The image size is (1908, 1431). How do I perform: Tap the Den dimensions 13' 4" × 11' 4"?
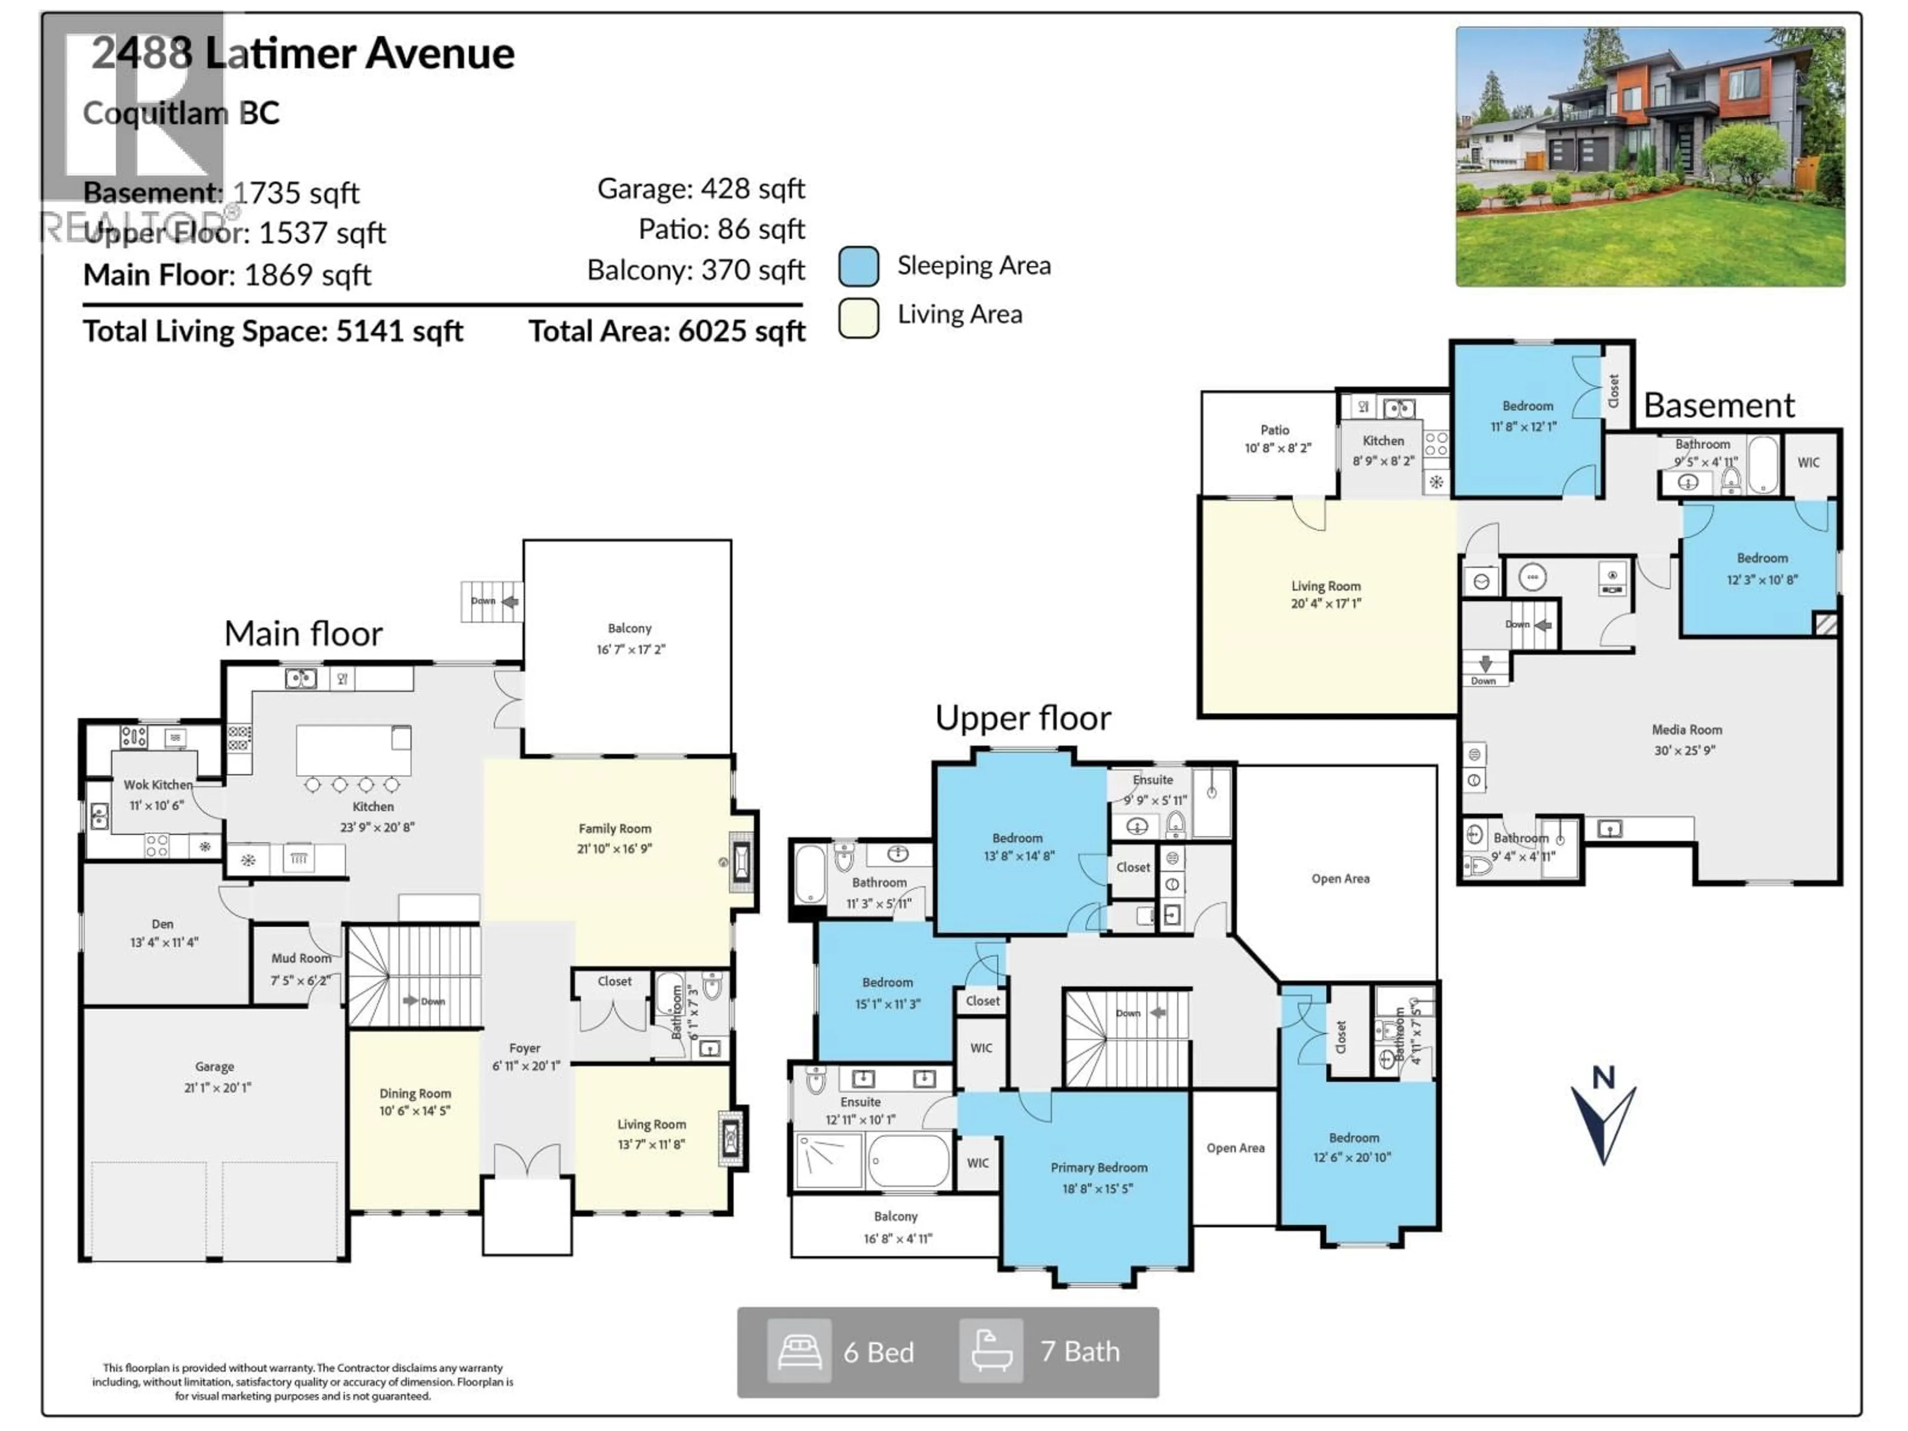coord(164,943)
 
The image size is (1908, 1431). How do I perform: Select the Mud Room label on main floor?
coord(301,958)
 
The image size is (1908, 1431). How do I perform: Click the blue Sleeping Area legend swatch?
coord(858,266)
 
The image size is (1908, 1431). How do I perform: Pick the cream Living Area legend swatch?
coord(858,317)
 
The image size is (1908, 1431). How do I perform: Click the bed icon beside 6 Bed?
coord(799,1351)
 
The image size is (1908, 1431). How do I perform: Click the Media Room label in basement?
coord(1686,730)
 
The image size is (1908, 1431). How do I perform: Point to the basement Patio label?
coord(1275,430)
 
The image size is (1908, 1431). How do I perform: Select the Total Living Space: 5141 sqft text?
coord(273,332)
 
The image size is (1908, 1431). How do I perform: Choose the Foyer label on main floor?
coord(524,1048)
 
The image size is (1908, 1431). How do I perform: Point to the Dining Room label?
coord(415,1093)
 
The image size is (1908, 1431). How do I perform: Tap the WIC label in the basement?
coord(1808,462)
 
